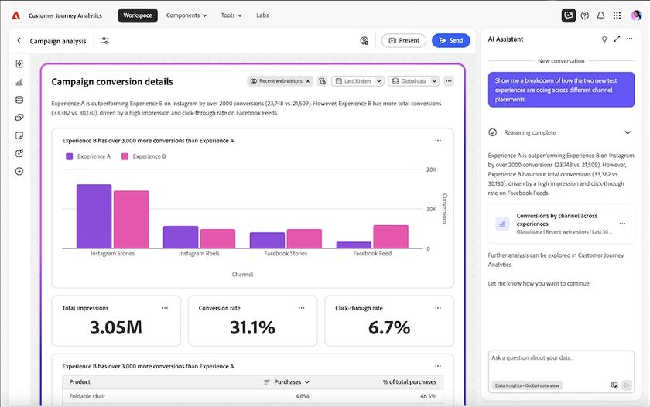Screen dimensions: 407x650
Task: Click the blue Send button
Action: (450, 40)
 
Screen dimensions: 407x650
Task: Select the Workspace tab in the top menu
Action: (138, 15)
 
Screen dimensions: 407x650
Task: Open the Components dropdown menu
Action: (186, 15)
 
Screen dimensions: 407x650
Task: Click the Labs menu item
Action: (262, 15)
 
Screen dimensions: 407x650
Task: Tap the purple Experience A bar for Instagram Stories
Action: (94, 216)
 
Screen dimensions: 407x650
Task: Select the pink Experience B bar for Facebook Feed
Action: (390, 236)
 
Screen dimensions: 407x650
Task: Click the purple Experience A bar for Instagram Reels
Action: (180, 237)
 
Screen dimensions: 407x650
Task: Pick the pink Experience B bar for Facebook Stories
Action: (304, 238)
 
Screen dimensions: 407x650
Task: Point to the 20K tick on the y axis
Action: (432, 169)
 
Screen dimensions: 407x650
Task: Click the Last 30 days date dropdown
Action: (358, 81)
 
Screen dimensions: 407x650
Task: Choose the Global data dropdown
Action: (414, 81)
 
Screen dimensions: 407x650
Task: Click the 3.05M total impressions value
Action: (115, 327)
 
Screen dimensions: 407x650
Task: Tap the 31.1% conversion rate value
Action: (252, 327)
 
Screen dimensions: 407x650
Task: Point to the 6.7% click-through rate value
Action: (388, 327)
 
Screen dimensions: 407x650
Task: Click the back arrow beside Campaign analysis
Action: (19, 41)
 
